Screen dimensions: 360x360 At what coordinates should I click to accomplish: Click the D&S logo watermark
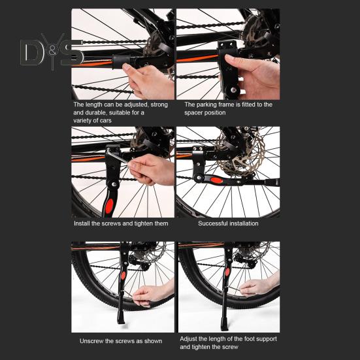52,52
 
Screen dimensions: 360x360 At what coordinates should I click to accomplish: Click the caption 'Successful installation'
228,223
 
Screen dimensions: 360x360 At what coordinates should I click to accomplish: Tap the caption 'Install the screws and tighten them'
121,223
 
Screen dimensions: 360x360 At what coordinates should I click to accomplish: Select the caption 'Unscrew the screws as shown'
121,341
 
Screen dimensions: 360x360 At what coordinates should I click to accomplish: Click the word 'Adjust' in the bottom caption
189,339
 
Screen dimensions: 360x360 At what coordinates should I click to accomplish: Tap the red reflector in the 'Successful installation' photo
216,180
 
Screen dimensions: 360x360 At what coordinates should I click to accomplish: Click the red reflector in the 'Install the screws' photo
109,206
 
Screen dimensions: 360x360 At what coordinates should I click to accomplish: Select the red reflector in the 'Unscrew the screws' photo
123,275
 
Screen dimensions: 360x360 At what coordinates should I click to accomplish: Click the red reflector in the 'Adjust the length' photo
227,272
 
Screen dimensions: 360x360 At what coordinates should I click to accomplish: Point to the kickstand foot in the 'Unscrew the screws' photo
121,319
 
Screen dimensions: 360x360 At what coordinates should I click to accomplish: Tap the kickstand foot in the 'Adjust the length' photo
225,325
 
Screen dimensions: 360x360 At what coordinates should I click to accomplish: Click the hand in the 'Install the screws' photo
152,169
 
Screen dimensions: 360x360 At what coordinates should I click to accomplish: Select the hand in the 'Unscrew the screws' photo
152,295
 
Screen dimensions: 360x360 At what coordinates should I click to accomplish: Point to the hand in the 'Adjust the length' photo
258,286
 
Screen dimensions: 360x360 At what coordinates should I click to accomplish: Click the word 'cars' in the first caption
106,120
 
